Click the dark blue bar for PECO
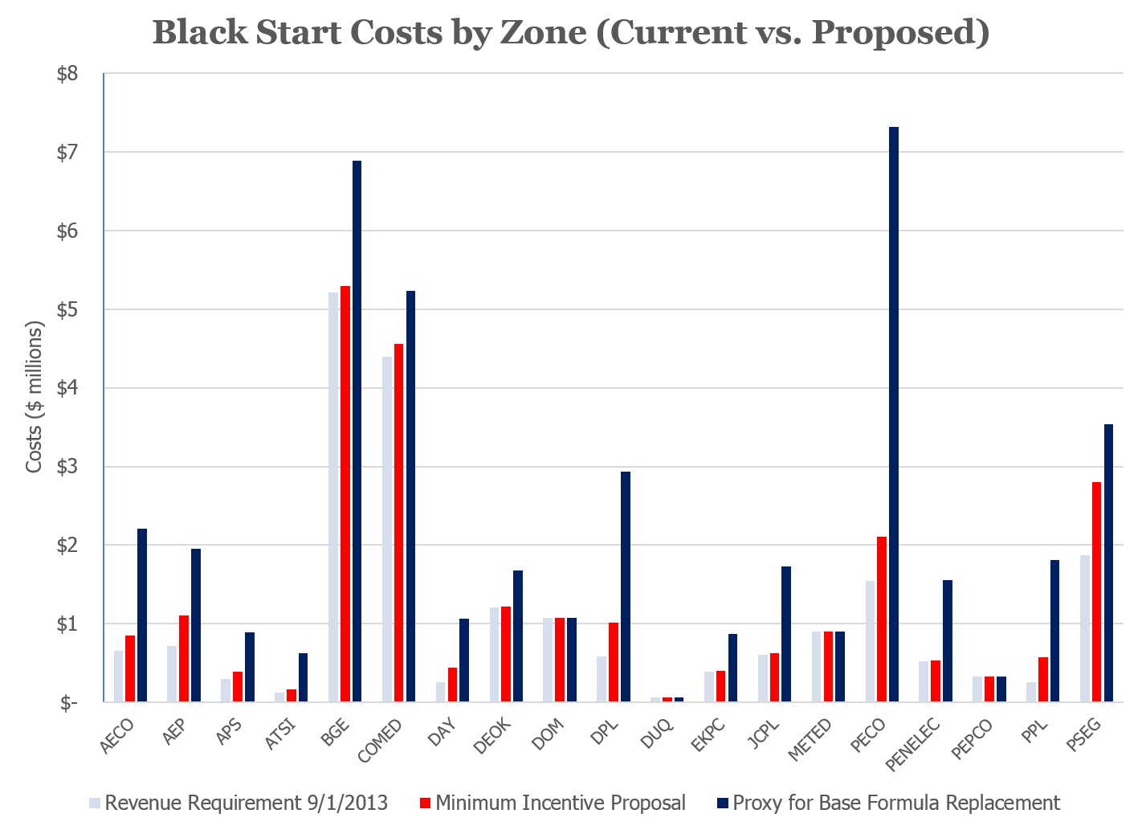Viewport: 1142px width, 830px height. pos(893,414)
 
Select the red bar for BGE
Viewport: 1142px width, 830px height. pos(345,493)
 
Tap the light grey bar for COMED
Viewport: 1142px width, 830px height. pos(387,529)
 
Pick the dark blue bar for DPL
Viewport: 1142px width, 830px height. pos(625,587)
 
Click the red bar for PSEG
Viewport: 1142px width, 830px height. pos(1097,591)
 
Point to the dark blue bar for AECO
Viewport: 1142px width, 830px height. pos(142,615)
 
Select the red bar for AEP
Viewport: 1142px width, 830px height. pos(184,658)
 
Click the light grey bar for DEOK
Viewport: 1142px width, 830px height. pos(495,654)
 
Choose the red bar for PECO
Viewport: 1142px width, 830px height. pos(882,619)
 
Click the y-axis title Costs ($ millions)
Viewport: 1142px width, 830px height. pos(35,398)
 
